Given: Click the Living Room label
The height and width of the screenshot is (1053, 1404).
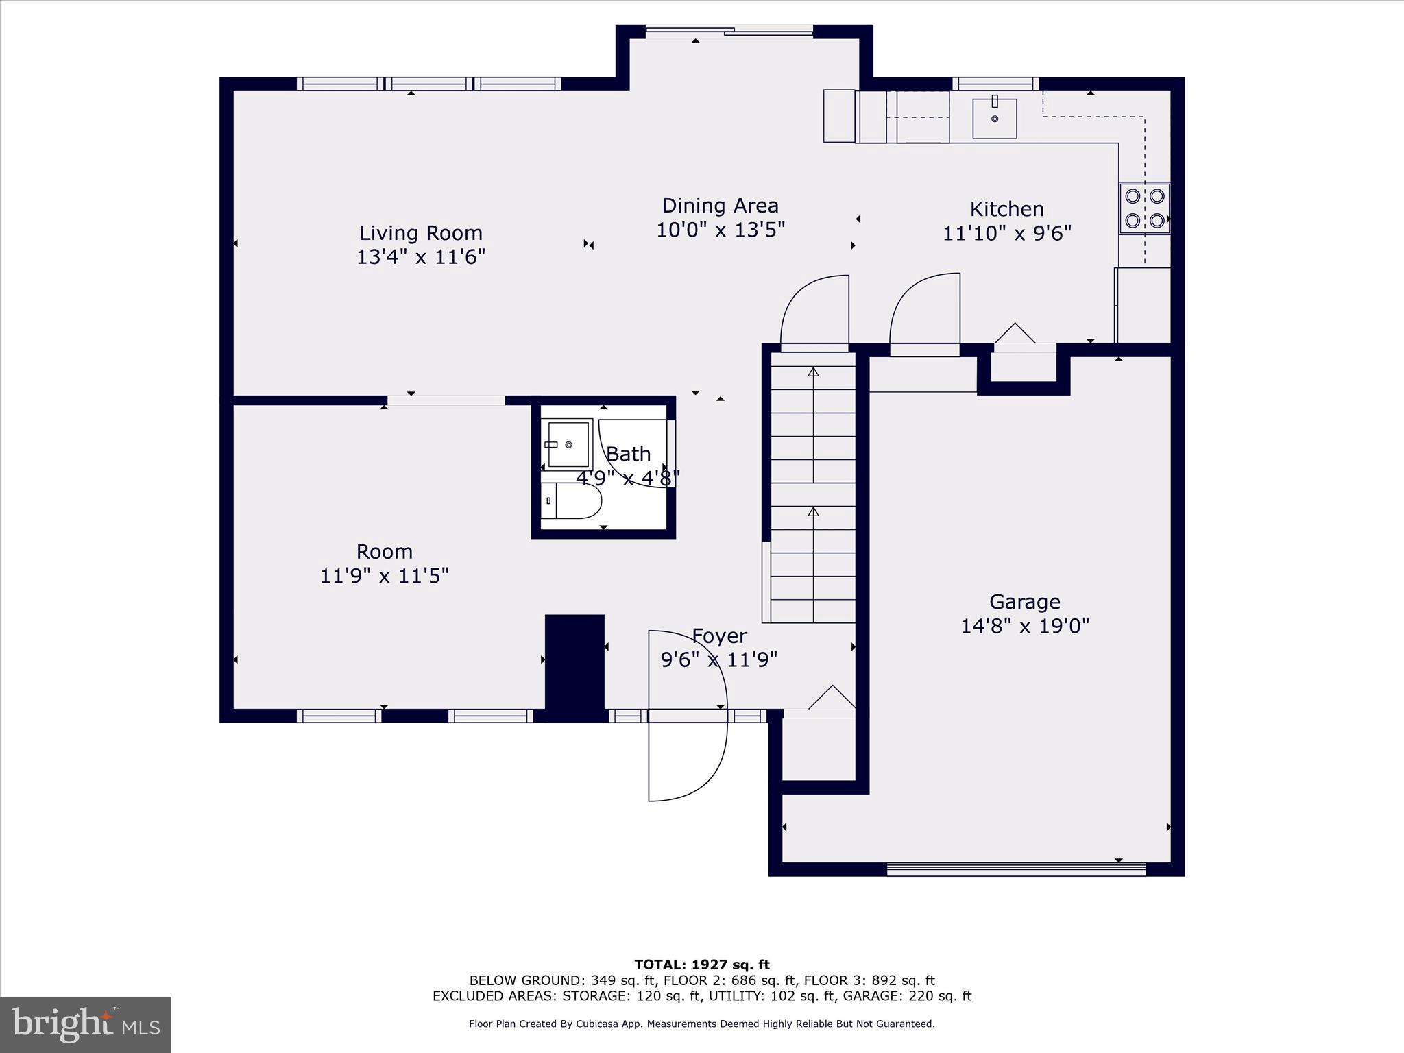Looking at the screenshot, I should point(421,233).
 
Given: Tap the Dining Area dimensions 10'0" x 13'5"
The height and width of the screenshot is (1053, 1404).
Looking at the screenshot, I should point(720,230).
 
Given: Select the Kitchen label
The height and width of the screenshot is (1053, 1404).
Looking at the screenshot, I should point(1006,209).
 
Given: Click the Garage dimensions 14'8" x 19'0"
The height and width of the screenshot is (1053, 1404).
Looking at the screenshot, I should point(1024,626).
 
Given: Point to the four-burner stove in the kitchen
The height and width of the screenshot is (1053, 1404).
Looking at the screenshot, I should point(1144,208).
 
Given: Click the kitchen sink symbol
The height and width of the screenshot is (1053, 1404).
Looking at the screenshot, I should point(994,118).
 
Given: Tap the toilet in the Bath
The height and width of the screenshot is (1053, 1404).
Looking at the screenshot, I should point(571,501).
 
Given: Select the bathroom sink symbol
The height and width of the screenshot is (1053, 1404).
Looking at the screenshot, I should point(567,444).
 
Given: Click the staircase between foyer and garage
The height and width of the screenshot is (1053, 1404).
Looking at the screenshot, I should point(813,487).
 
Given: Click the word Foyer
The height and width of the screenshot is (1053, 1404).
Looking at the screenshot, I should point(719,636).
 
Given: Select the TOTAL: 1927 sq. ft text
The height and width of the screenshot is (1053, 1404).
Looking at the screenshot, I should point(702,965).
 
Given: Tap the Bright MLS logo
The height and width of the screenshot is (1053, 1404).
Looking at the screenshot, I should point(86,1025).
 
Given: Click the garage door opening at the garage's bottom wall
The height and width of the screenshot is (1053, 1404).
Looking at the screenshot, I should point(1016,869).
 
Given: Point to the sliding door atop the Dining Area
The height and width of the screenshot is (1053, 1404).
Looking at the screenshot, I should point(729,30).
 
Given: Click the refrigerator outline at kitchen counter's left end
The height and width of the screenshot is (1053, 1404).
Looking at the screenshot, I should point(839,116).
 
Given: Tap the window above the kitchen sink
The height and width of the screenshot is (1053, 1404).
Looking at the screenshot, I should point(995,84).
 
